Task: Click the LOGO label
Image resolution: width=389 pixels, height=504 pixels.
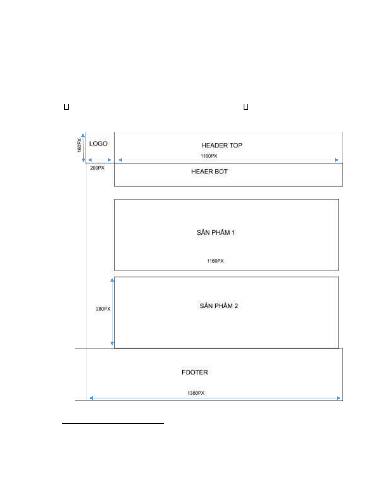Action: click(98, 144)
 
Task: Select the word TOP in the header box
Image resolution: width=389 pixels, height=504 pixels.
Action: click(236, 145)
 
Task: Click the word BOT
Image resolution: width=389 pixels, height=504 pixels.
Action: click(221, 171)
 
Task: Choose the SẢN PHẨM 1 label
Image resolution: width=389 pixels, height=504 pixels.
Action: click(216, 232)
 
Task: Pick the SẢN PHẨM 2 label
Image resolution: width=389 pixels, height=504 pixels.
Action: click(219, 306)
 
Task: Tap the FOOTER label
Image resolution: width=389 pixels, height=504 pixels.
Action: click(195, 372)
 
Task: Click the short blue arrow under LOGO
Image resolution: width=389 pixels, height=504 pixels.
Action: click(99, 160)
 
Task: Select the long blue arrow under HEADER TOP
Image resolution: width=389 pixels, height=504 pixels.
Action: click(228, 160)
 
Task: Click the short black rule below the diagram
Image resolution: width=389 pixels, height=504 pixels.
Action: click(113, 423)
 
